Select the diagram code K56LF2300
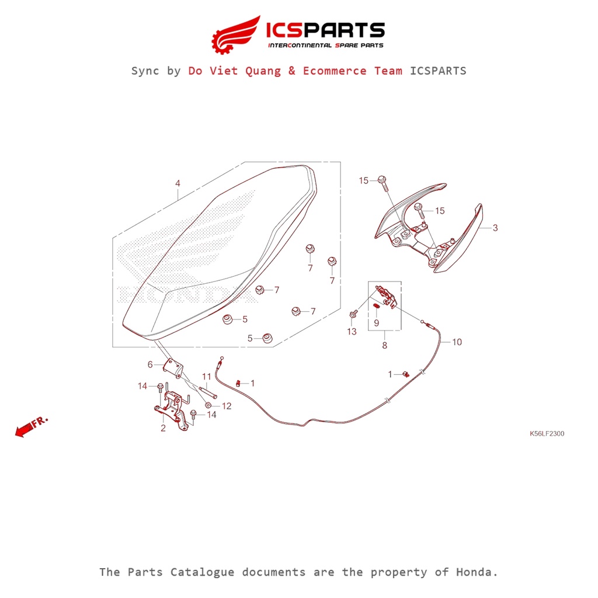point(547,434)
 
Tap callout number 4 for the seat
point(178,183)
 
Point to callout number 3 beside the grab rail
point(495,228)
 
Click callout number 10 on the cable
point(457,342)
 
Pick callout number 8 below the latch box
point(384,346)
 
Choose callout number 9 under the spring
point(377,324)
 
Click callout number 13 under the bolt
point(352,332)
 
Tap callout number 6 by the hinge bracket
point(150,364)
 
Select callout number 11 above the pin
point(206,377)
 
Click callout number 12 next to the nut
point(227,406)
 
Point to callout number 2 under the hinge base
point(164,428)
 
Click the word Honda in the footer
point(477,572)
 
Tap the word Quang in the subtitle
point(263,71)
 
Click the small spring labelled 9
point(377,306)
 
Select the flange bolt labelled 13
point(353,314)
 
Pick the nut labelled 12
point(208,405)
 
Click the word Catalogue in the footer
point(202,572)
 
